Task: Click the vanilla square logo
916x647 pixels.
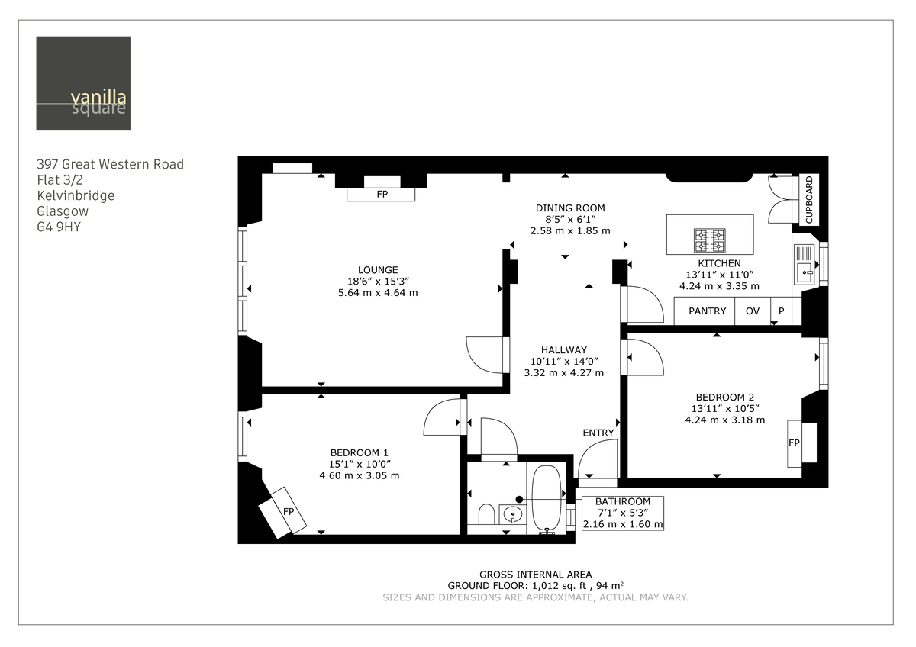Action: tap(82, 83)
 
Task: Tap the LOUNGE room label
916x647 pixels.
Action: tap(378, 269)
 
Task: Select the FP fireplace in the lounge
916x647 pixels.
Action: tap(381, 195)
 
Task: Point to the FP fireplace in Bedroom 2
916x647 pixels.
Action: tap(794, 443)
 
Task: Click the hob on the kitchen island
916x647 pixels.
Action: tap(709, 240)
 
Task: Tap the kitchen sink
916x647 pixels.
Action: tap(804, 269)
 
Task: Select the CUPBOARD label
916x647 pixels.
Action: tap(810, 201)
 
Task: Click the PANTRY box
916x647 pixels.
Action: tap(707, 311)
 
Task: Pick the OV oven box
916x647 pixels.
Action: tap(752, 311)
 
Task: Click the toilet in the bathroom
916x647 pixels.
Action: tap(485, 515)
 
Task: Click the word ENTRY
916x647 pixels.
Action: tap(598, 433)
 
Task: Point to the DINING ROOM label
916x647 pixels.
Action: tap(570, 208)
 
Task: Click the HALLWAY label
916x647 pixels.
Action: tap(564, 349)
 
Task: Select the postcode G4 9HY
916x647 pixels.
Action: tap(58, 227)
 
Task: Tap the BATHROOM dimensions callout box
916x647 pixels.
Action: tap(623, 513)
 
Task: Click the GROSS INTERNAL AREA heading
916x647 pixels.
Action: tap(535, 575)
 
